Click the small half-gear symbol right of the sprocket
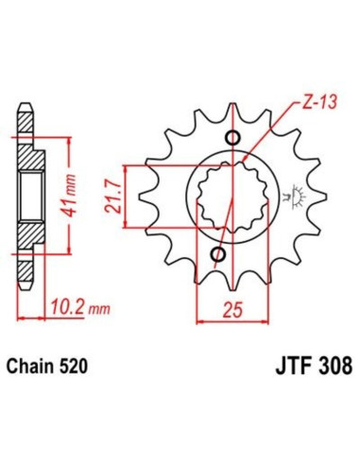point(296,197)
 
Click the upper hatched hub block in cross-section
point(30,164)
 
